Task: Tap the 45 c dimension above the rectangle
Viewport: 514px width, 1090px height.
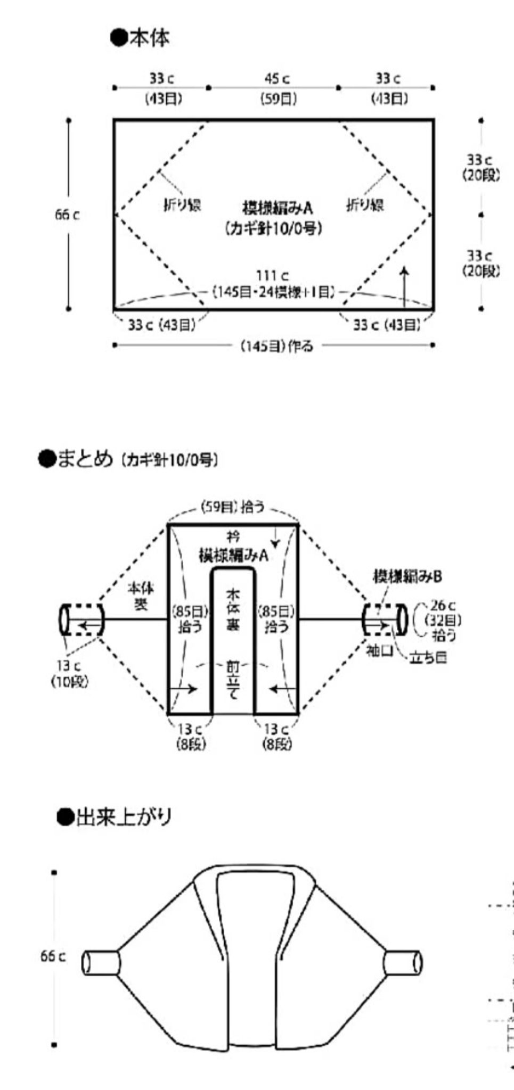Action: click(x=278, y=79)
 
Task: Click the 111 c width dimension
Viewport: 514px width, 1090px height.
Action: click(x=272, y=276)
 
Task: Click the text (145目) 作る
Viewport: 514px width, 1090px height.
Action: click(x=277, y=346)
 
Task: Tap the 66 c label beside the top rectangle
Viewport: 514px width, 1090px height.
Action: click(x=68, y=215)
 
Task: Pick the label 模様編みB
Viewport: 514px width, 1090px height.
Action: click(x=407, y=576)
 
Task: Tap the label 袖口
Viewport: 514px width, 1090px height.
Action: click(x=379, y=650)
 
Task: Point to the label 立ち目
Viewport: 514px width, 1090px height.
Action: click(x=428, y=658)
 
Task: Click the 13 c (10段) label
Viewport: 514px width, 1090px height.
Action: click(x=70, y=673)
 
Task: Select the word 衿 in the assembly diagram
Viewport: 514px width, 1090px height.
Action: click(x=233, y=536)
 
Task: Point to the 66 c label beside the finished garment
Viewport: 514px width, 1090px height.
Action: click(x=53, y=956)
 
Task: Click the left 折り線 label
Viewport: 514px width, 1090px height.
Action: click(x=182, y=205)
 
